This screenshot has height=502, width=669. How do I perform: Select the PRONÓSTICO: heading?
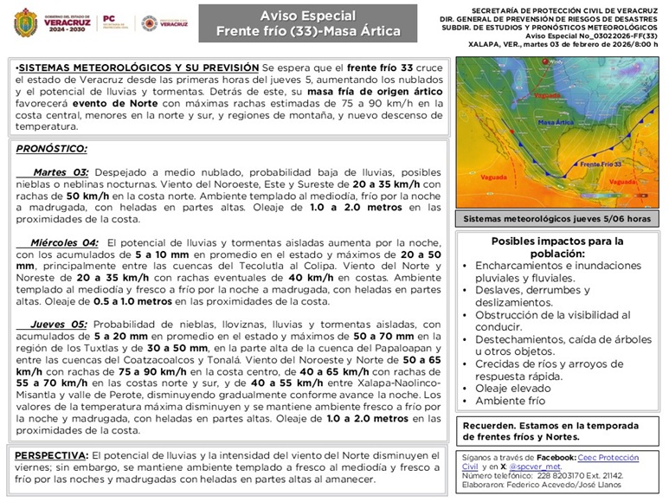point(51,149)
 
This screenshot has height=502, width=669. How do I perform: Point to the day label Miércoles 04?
point(64,243)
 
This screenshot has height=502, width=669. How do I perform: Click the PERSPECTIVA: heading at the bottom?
point(51,455)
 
